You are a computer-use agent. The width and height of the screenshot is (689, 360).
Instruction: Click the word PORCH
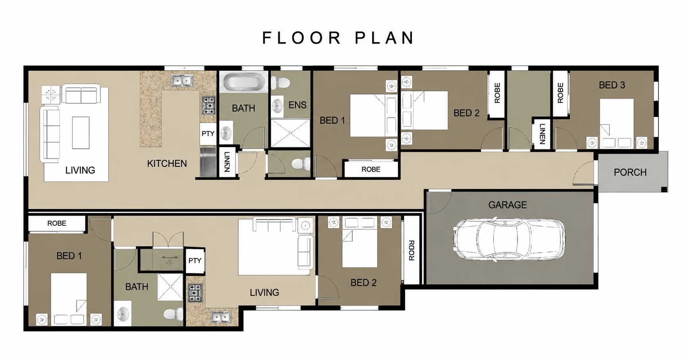(630, 172)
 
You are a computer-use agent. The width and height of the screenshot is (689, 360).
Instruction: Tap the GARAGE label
(508, 205)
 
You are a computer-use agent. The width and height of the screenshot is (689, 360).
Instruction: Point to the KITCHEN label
(167, 164)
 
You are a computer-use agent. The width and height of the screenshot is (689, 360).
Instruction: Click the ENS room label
(297, 105)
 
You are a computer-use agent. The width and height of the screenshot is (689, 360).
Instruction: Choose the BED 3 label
(612, 85)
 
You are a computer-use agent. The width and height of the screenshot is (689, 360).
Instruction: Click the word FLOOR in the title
(302, 38)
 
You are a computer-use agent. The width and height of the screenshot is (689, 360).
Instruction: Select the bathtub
(243, 82)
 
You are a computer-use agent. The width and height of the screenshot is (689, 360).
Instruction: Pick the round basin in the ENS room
(277, 106)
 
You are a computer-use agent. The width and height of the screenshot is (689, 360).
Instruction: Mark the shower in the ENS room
(290, 133)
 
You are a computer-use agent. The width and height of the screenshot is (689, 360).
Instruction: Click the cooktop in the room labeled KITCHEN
(208, 105)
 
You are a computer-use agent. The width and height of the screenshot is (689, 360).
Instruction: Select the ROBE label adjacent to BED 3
(560, 92)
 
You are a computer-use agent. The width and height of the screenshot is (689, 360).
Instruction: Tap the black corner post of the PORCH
(664, 190)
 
